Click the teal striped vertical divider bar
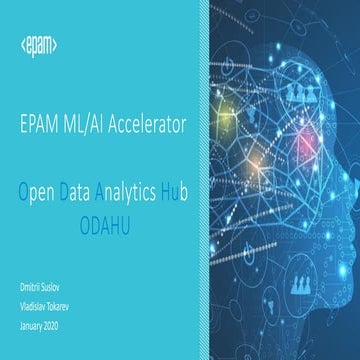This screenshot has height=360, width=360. (x=202, y=180)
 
